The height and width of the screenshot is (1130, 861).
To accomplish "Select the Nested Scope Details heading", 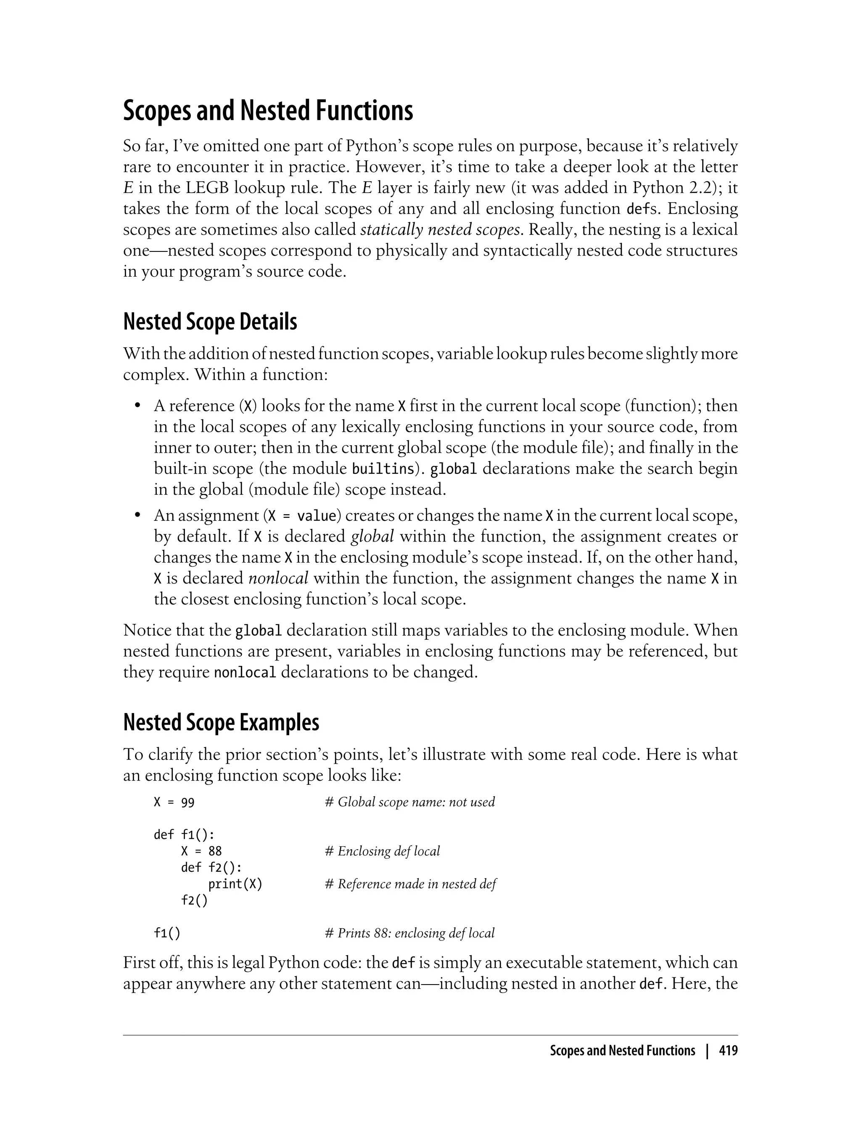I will click(x=210, y=322).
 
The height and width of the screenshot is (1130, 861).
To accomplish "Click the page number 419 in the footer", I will click(x=728, y=1051).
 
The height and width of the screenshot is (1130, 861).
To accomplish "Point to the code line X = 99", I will click(x=174, y=803).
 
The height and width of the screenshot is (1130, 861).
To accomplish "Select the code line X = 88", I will click(x=201, y=852).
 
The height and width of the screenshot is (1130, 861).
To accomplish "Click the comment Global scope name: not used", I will click(x=410, y=803).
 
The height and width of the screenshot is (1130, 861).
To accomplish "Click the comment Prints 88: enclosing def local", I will click(x=410, y=933).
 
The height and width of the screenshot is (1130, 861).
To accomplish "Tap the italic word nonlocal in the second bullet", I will click(x=278, y=578).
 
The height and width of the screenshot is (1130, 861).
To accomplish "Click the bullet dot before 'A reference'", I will click(x=137, y=406).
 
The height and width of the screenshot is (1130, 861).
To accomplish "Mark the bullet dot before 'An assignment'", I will click(x=137, y=515).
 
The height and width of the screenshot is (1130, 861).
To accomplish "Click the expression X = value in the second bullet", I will click(x=302, y=515).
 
